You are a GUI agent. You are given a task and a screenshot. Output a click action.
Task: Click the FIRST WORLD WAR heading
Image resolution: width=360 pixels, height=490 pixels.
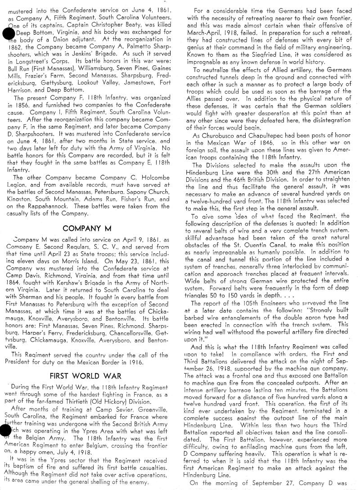(x=89, y=376)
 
